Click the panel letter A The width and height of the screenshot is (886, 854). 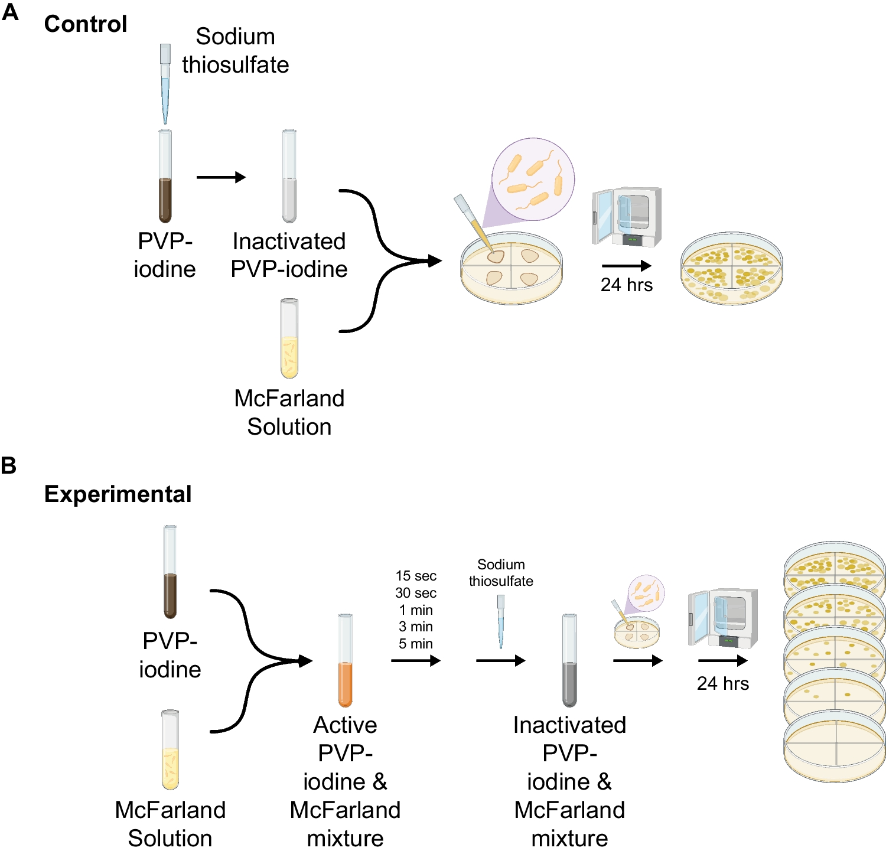coord(10,12)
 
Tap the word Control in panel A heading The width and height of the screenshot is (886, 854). coord(86,24)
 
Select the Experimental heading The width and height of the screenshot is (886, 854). coord(118,494)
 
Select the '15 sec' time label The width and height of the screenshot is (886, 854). coord(416,576)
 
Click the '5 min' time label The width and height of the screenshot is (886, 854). coord(416,644)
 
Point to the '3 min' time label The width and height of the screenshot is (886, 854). coord(416,627)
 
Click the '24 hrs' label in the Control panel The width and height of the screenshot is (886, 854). coord(627,285)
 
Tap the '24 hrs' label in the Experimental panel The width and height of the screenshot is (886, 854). coord(723,684)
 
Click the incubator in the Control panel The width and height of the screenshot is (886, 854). coord(627,217)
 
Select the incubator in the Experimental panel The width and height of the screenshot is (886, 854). coord(724,618)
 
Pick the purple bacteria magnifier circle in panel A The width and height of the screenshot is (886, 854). coord(533,178)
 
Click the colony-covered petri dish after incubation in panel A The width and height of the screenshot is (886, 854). coord(732,269)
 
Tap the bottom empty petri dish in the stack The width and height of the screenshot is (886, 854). coord(835,747)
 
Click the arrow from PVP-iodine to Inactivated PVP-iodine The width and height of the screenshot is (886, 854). coord(221,177)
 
